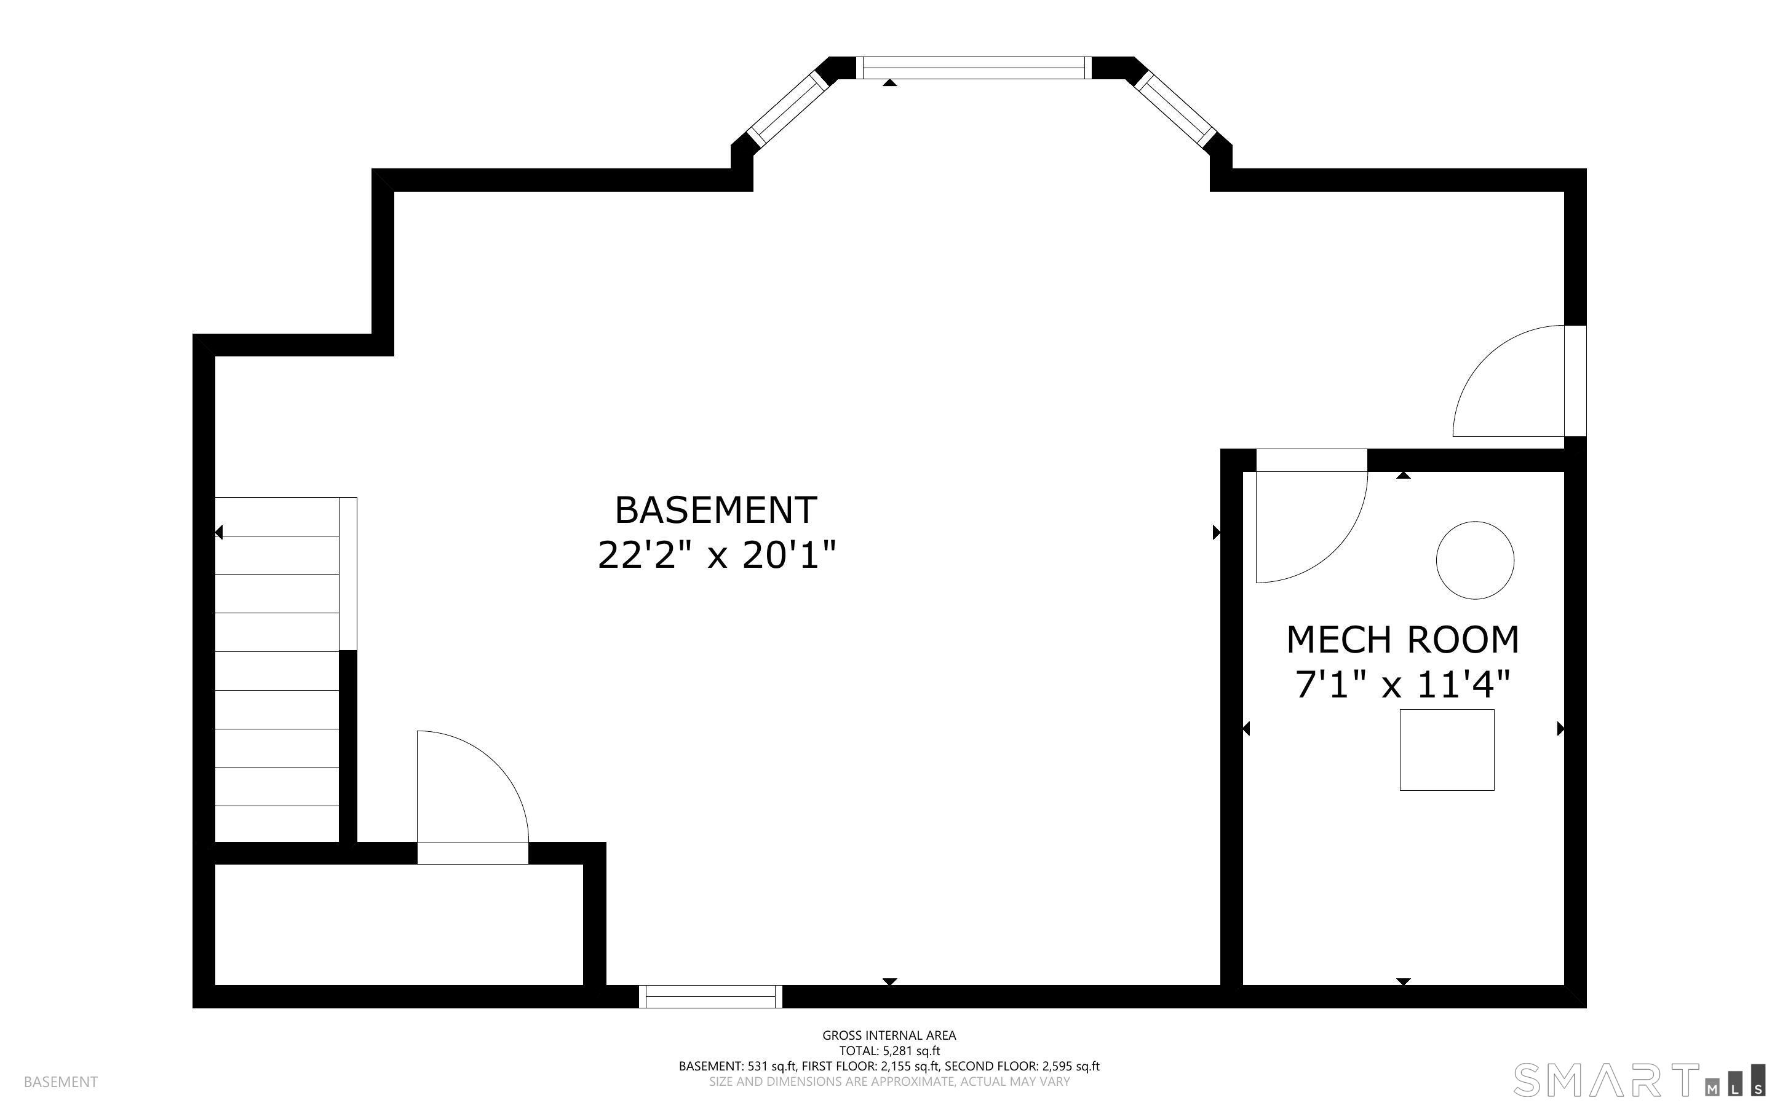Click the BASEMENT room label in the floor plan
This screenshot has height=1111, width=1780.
[715, 510]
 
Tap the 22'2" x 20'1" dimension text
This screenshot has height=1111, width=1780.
[717, 555]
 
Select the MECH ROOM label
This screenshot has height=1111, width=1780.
[1402, 639]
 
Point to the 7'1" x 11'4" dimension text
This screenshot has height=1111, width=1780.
[1402, 685]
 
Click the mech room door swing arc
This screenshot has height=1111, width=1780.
[1335, 552]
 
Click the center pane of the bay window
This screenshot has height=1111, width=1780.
[974, 68]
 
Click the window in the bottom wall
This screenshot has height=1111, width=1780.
[710, 996]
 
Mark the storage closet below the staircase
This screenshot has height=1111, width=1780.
[399, 924]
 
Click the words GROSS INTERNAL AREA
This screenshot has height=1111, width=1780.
[889, 1035]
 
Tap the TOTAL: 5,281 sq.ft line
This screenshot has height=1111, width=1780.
[889, 1051]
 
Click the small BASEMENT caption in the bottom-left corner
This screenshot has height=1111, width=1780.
[61, 1082]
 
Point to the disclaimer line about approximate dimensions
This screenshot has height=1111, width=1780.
[889, 1082]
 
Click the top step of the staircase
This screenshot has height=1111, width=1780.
[277, 517]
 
